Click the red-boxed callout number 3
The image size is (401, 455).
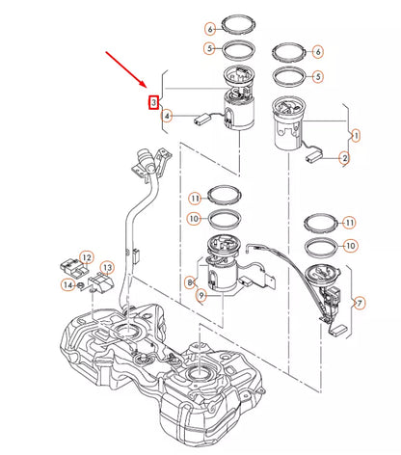(x=152, y=101)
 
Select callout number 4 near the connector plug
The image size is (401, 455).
(x=168, y=117)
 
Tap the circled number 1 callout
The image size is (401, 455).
(x=355, y=136)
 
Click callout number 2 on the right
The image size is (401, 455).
(x=341, y=158)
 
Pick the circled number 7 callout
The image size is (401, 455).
(x=360, y=304)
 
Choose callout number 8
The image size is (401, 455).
(x=191, y=282)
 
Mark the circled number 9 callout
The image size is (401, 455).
(x=200, y=297)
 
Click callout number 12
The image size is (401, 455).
(x=87, y=257)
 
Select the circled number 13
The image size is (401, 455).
(x=108, y=267)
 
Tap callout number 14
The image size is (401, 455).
(x=67, y=284)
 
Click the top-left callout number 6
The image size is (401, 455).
(x=209, y=30)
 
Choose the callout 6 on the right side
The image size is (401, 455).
(x=318, y=50)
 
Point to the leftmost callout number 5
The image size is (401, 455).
(x=209, y=47)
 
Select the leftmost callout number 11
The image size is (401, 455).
(x=194, y=199)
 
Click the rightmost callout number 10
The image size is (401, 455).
(x=351, y=246)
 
